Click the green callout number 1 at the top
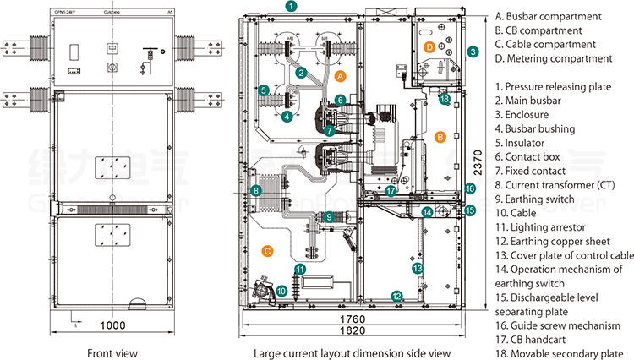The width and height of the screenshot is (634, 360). pyautogui.click(x=290, y=7)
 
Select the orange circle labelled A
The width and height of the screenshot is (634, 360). pyautogui.click(x=341, y=75)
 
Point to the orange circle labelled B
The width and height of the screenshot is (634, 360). pyautogui.click(x=440, y=135)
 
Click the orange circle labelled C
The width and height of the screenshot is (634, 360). pyautogui.click(x=267, y=251)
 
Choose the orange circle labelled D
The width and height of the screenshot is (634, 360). pyautogui.click(x=429, y=46)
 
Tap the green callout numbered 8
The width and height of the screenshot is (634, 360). pyautogui.click(x=256, y=192)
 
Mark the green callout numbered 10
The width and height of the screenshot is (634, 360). pyautogui.click(x=281, y=291)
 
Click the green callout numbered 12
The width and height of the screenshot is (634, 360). pyautogui.click(x=396, y=295)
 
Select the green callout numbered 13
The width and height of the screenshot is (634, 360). pyautogui.click(x=417, y=268)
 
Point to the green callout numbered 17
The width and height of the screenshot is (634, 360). pyautogui.click(x=391, y=191)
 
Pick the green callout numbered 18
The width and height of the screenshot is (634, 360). pyautogui.click(x=445, y=99)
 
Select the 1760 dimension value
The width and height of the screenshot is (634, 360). pyautogui.click(x=358, y=318)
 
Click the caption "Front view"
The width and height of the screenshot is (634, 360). pyautogui.click(x=112, y=352)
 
